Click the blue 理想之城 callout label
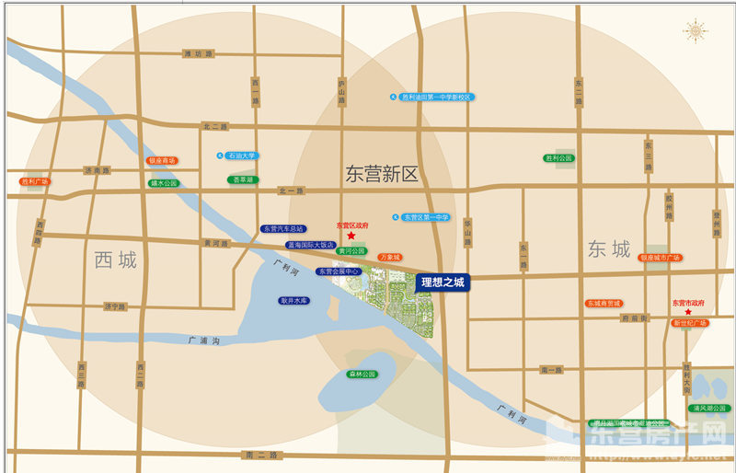[443, 283]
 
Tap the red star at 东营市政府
[688, 312]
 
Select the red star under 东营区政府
[351, 236]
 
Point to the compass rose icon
[696, 31]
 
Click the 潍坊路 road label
[198, 54]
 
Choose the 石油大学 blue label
[242, 156]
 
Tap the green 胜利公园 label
[558, 158]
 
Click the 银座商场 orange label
[162, 160]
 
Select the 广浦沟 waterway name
[203, 340]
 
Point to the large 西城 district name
[115, 260]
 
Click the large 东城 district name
[609, 249]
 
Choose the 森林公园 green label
[362, 375]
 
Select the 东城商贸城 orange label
[604, 303]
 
